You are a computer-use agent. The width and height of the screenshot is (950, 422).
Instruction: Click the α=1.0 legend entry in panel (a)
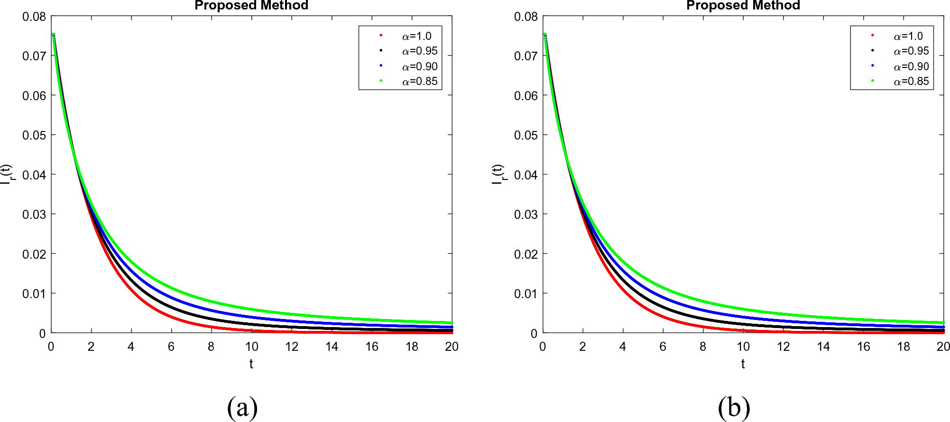416,36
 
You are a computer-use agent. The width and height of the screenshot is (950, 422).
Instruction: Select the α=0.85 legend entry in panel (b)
911,81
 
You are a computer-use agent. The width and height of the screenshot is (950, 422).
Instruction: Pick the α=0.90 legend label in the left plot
420,66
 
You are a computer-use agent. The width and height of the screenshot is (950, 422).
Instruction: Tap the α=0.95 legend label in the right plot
911,51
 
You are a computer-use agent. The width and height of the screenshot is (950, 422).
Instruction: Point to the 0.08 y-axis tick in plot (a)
34,17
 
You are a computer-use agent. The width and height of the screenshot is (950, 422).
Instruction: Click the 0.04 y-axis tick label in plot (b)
526,175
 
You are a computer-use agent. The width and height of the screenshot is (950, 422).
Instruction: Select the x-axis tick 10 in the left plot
251,347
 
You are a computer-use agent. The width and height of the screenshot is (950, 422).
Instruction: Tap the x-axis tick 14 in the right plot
823,347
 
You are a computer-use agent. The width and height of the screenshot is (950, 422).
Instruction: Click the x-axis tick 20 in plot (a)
452,347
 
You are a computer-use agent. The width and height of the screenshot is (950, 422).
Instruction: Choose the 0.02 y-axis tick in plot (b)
526,254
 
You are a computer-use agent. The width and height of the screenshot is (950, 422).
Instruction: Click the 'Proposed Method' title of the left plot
251,6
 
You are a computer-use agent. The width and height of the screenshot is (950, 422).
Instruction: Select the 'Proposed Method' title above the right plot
743,6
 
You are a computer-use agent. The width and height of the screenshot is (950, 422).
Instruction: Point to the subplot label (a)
242,407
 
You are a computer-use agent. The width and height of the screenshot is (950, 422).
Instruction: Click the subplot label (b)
734,407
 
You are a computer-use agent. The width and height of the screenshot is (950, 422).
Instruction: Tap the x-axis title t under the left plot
251,364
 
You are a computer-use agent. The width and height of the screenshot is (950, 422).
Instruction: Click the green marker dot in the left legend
381,81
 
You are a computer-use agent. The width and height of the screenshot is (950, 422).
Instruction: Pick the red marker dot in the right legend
872,35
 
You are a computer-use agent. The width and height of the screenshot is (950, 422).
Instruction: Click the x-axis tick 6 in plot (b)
663,347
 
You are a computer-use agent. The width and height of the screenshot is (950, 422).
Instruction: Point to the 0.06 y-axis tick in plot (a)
34,96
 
